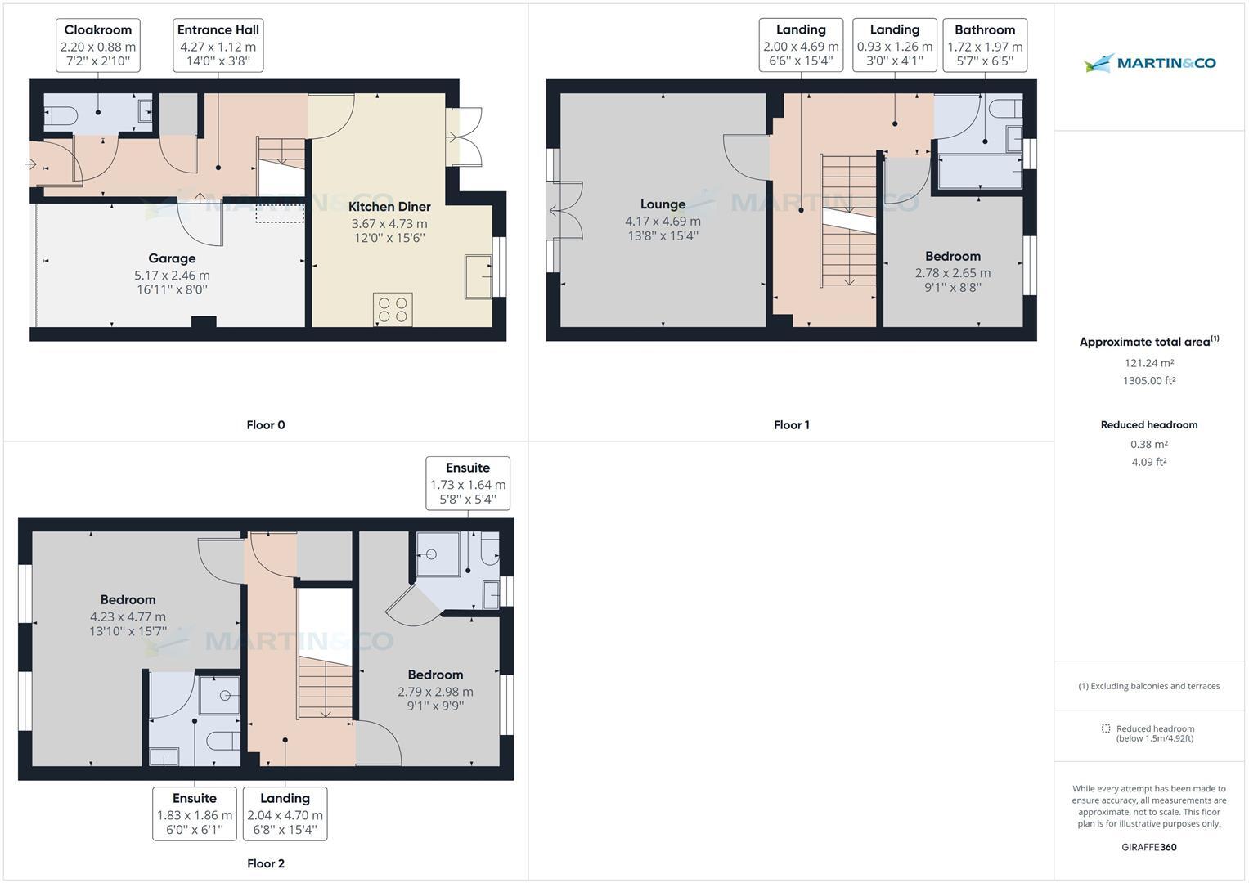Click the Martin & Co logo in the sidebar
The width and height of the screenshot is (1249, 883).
1149,63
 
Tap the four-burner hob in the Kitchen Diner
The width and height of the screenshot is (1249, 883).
392,309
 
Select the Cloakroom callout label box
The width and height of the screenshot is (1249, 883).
98,46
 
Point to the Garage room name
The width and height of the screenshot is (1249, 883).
172,258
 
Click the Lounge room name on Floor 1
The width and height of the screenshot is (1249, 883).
663,204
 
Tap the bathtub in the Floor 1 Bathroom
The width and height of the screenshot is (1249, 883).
980,173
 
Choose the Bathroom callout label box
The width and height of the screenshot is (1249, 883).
985,46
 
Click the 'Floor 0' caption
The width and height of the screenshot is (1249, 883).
266,425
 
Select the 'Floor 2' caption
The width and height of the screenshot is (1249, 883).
266,863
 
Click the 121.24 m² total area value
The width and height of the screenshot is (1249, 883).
1149,363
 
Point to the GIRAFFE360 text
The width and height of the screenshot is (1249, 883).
1149,847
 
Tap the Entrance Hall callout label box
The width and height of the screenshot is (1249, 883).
218,46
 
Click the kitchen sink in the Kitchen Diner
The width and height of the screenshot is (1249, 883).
478,276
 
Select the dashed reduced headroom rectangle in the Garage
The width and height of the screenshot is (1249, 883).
280,213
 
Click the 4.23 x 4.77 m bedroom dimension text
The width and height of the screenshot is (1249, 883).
128,617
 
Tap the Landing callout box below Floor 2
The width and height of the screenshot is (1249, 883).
285,814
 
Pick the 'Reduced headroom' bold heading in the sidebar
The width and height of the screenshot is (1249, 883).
1149,425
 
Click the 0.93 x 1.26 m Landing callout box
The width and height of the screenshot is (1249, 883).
895,46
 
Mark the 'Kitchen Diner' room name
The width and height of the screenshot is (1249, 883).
389,207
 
